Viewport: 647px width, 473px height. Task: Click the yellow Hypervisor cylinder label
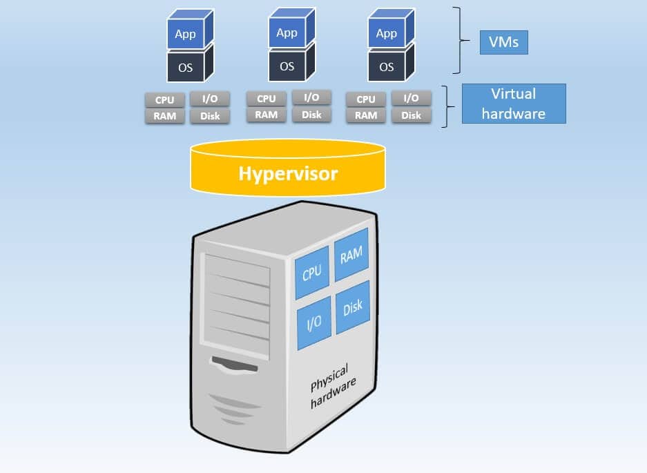[x=288, y=173]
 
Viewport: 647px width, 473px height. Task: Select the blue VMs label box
[x=503, y=44]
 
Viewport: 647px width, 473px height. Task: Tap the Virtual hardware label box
[x=513, y=104]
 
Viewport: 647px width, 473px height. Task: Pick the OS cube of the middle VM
[x=287, y=66]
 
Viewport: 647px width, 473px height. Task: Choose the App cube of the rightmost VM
[x=387, y=34]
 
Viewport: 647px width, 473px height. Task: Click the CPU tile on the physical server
[x=312, y=273]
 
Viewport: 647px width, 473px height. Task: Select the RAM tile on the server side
[x=351, y=255]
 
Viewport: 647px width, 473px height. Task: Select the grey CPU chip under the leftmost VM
[x=165, y=100]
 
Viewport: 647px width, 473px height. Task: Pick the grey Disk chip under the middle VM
[x=311, y=115]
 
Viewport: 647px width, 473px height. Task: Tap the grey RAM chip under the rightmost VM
[x=366, y=115]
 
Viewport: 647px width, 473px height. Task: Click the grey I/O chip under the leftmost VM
[x=210, y=99]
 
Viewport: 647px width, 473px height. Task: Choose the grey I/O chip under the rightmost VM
[x=411, y=99]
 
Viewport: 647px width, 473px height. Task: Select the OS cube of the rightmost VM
[x=387, y=67]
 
